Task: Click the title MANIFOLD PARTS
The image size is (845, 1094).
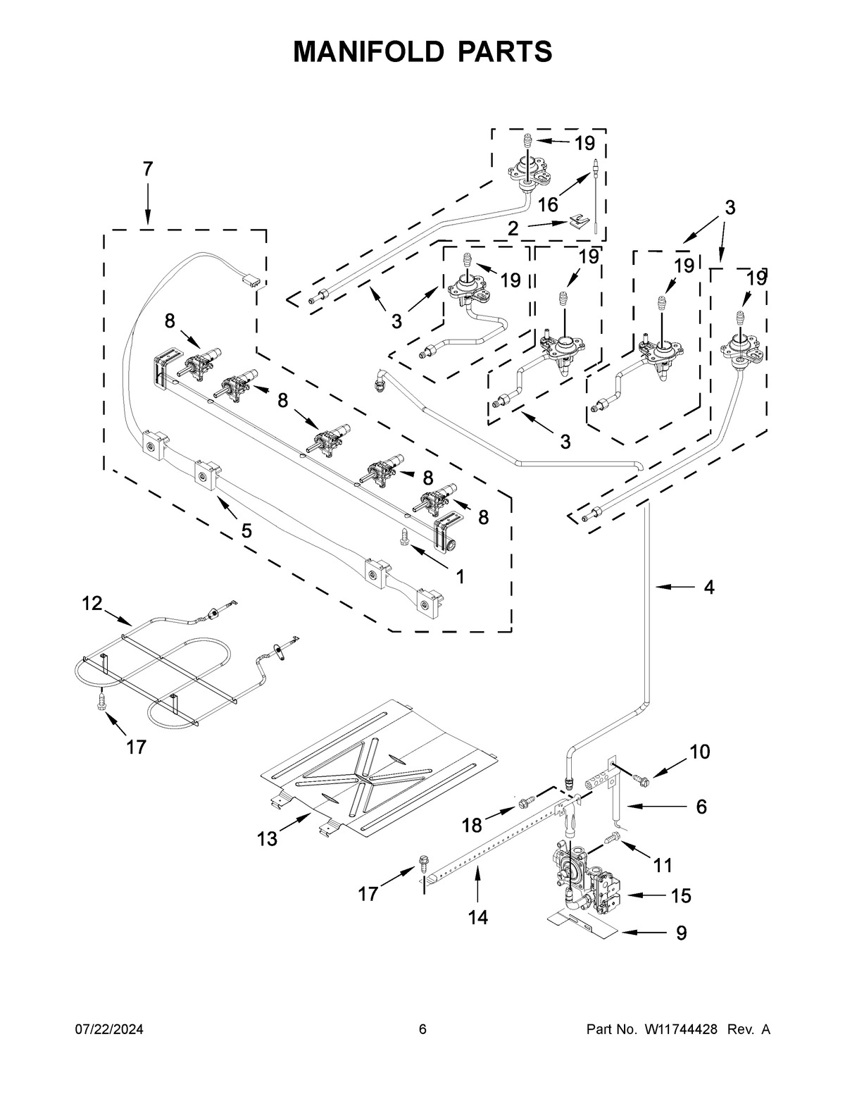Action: [423, 51]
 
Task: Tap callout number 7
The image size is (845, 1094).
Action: [147, 169]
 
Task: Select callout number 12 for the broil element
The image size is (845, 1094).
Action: [92, 603]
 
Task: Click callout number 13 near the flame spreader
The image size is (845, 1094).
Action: [267, 838]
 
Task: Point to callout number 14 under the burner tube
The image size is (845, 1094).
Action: [478, 917]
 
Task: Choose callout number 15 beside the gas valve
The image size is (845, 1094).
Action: [681, 896]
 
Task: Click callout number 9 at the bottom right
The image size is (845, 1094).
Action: [681, 933]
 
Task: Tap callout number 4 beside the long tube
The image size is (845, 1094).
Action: [709, 587]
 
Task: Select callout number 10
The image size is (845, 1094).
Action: [699, 752]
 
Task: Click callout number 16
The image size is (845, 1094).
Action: [548, 205]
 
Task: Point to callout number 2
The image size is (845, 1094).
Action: [513, 228]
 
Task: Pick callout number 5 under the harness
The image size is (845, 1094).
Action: [246, 530]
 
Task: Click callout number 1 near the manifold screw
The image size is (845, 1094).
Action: [459, 576]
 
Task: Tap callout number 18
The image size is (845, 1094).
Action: [472, 825]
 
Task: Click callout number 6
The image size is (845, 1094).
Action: [701, 807]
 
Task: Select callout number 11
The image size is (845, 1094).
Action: [663, 864]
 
